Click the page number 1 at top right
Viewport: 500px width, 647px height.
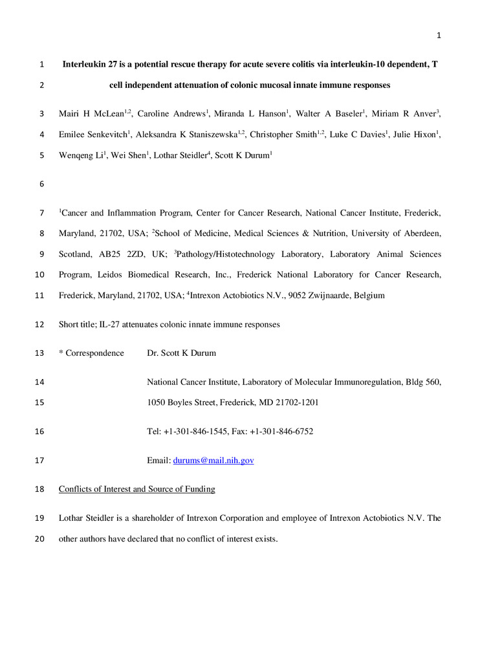438,35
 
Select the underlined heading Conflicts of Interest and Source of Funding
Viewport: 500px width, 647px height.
136,489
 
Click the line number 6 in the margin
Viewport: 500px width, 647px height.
42,184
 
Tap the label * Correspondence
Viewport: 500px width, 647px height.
91,353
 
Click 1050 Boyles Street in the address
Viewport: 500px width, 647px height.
182,403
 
